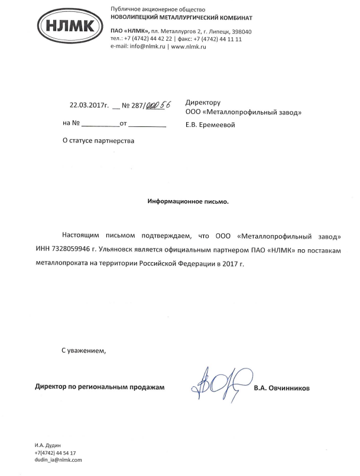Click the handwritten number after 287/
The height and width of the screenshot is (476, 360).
[158, 105]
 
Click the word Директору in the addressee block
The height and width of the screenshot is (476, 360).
[203, 102]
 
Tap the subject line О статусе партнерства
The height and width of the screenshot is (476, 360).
[98, 141]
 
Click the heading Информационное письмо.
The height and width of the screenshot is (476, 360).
[187, 201]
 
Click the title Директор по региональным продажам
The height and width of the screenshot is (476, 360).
[99, 387]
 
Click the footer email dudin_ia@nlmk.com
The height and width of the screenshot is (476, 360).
[59, 459]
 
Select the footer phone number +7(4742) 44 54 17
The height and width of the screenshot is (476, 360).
[56, 452]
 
